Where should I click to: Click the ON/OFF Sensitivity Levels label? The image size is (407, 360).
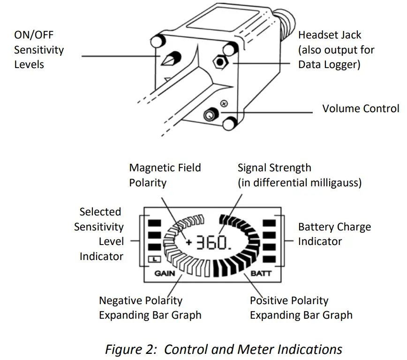pos(39,50)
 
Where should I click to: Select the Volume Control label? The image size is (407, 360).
pos(361,108)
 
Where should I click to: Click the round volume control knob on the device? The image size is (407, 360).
pos(210,114)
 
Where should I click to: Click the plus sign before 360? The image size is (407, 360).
pos(188,243)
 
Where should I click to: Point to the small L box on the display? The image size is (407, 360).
pos(154,259)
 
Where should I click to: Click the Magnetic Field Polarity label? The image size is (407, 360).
pos(165,175)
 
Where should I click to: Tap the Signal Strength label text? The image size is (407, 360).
pos(299,175)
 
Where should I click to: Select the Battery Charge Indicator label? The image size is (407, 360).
pos(334,234)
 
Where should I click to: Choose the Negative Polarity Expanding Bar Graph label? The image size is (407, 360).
pos(150,307)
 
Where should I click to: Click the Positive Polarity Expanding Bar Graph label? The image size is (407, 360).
pos(301,307)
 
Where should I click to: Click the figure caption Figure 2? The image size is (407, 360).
pos(223,349)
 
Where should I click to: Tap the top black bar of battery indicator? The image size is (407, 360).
pos(269,222)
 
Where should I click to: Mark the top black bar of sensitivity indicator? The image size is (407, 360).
pos(155,222)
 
